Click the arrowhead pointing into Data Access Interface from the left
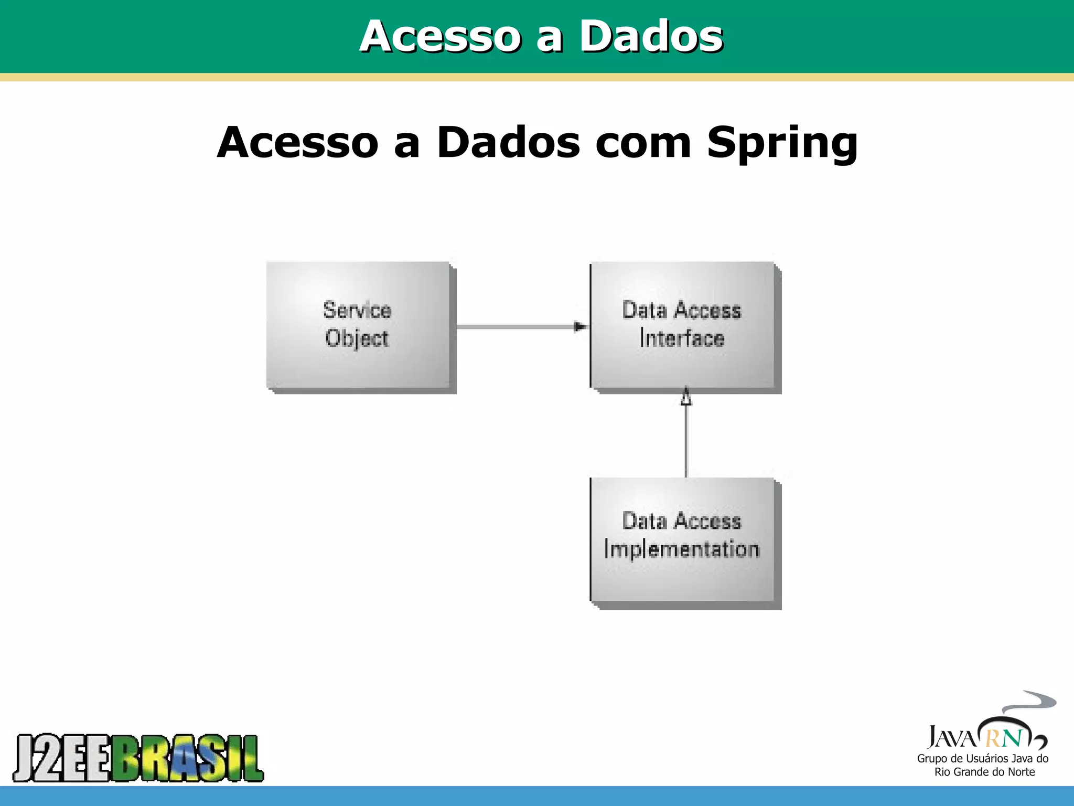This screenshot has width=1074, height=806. pos(580,327)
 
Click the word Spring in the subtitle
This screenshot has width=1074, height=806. pos(782,143)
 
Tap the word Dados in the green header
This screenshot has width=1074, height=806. pos(651,36)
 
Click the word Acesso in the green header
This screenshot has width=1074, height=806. pos(440,36)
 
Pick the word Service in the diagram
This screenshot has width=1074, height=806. pos(357,310)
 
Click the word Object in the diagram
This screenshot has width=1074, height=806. pos(357,338)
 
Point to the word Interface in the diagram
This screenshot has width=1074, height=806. pos(682,338)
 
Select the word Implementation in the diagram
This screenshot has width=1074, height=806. pos(682,549)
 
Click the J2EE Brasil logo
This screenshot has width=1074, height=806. pos(138,758)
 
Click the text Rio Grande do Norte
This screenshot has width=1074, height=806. pos(984,772)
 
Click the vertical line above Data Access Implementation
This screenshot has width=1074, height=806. pos(686,441)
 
